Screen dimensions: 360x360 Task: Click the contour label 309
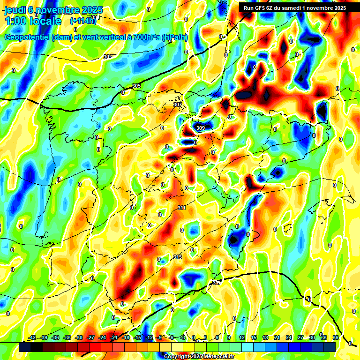click(x=200, y=127)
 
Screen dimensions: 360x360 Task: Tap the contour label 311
click(x=181, y=208)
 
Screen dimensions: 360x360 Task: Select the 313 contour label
click(x=178, y=257)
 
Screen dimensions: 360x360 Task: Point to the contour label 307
click(x=178, y=105)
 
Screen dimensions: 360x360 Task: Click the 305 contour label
click(x=136, y=86)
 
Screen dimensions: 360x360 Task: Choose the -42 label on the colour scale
click(x=32, y=337)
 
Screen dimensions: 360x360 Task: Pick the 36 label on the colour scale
click(x=336, y=337)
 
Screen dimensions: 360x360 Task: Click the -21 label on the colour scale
click(x=114, y=337)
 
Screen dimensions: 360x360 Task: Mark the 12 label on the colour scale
click(x=242, y=337)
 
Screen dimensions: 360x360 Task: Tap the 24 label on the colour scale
click(x=289, y=337)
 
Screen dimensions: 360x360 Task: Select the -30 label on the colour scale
click(x=79, y=337)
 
